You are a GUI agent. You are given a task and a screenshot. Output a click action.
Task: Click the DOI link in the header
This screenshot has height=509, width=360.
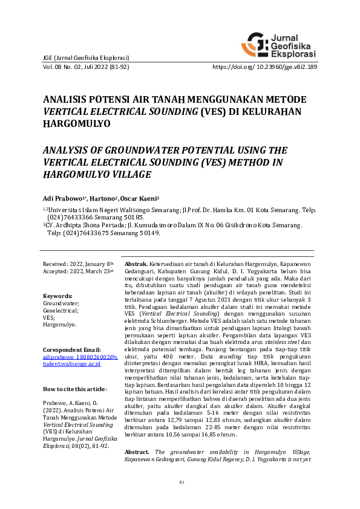265,67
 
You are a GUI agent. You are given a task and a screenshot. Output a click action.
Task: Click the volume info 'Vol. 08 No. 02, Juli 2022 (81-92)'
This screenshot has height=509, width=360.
85,67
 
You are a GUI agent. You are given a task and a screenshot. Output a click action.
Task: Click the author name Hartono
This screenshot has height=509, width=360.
103,198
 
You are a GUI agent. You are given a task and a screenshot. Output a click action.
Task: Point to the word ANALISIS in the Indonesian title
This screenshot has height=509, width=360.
65,99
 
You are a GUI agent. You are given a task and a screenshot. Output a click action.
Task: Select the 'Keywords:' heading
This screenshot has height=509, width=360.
58,296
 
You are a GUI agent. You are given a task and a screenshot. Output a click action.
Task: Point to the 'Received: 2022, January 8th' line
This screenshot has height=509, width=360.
78,264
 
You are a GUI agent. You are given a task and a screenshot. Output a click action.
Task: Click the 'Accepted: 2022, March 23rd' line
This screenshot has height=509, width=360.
78,272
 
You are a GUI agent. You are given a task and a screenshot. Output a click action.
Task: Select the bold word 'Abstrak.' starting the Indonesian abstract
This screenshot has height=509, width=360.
136,265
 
